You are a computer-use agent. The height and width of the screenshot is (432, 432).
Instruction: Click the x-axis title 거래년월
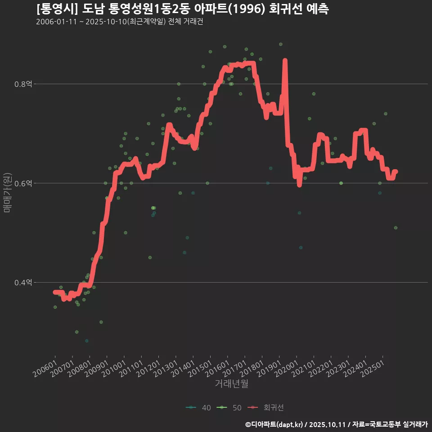(x=231, y=384)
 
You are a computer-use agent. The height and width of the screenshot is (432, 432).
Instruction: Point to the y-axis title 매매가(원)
(x=7, y=192)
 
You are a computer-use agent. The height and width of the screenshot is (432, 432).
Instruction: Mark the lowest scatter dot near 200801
(x=86, y=341)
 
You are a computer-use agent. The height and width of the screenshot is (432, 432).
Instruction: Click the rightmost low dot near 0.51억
(x=396, y=228)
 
